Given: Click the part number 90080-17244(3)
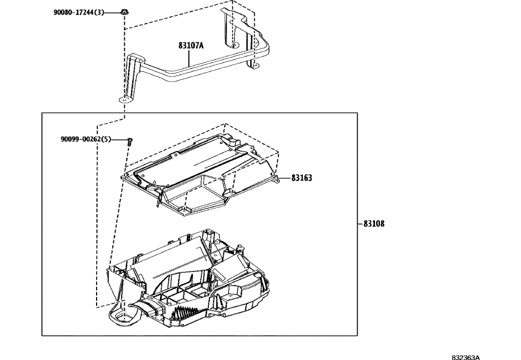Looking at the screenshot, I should (x=78, y=12).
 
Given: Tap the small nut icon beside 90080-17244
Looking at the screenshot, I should (x=125, y=11).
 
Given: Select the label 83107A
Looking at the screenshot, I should (x=191, y=46).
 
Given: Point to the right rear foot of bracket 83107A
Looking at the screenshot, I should (x=252, y=66).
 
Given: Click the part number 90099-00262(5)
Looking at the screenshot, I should (x=86, y=139).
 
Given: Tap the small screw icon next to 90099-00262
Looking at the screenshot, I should (x=130, y=141).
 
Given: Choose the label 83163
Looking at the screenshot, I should (x=301, y=178).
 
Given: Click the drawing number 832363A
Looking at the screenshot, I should (x=466, y=357).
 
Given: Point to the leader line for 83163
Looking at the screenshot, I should (x=284, y=178).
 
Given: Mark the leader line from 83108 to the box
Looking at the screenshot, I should (x=360, y=223).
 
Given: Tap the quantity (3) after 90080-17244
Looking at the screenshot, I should (x=99, y=12).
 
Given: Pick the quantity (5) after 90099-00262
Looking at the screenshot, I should (x=106, y=139).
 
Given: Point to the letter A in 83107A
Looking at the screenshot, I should (x=201, y=46).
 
